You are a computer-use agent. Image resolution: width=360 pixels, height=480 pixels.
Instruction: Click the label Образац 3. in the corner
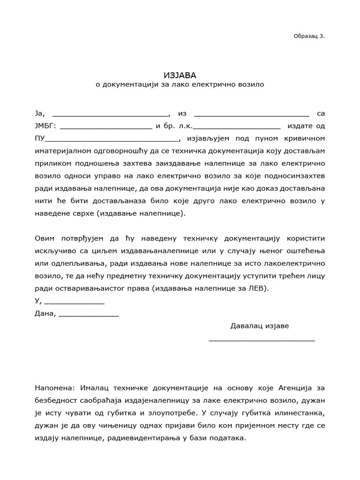(308, 36)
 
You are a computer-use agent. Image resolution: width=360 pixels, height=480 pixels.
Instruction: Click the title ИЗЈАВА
(180, 75)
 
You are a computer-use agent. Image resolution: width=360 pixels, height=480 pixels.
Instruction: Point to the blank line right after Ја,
(110, 114)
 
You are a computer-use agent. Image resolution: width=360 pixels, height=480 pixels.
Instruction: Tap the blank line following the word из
(251, 114)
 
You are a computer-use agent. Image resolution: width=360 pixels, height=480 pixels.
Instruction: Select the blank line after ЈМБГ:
(106, 127)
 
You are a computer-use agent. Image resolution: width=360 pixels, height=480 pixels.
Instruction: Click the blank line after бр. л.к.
(237, 127)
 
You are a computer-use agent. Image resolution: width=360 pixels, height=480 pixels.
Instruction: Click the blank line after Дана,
(89, 315)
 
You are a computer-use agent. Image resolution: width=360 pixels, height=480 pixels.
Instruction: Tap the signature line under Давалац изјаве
(262, 339)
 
